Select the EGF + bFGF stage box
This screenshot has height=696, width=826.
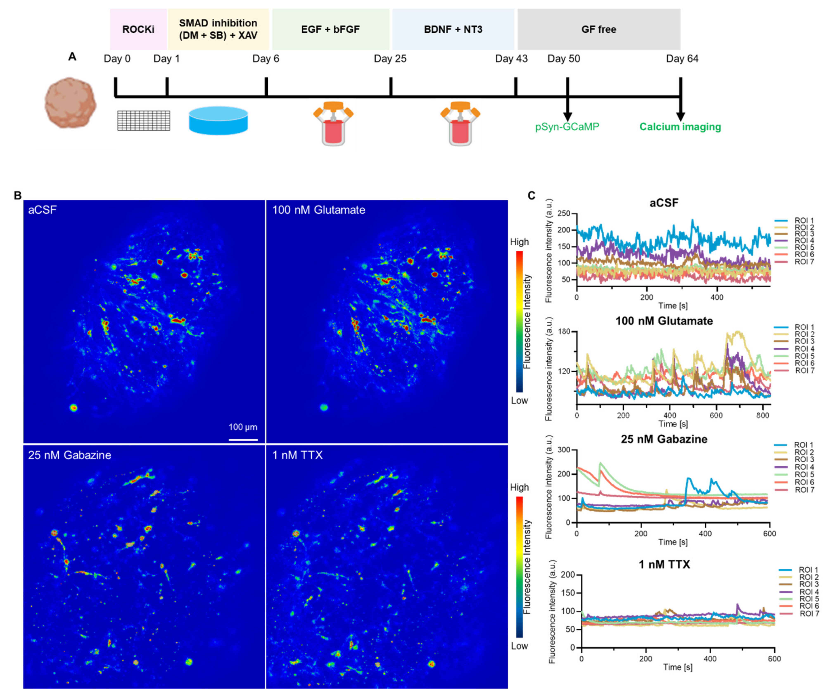coord(330,29)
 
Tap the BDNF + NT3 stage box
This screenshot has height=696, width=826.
coord(453,29)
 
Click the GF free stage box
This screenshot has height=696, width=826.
coord(598,29)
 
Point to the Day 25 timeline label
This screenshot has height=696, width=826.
coord(390,59)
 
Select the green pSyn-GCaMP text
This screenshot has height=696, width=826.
coord(567,127)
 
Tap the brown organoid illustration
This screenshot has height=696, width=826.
coord(70,102)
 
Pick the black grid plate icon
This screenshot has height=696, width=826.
coord(144,120)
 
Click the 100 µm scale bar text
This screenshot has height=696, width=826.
coord(243,427)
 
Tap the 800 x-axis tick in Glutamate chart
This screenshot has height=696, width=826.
coord(763,415)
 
